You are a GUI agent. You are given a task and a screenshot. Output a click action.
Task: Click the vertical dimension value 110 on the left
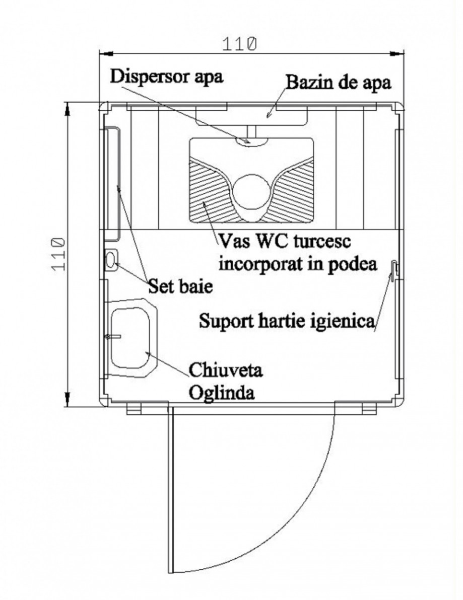(58, 254)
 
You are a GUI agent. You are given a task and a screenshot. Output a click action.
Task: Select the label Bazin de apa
(338, 82)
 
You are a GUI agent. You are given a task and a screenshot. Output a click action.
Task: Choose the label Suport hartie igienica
(286, 320)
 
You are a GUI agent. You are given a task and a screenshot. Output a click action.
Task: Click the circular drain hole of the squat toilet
(250, 191)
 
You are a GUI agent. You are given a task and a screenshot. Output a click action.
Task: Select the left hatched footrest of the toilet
(207, 194)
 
